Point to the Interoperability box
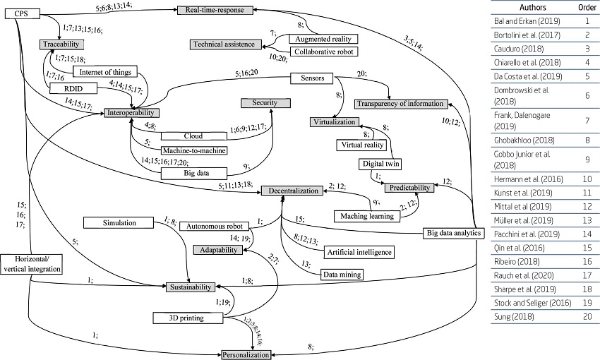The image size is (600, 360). pos(132,113)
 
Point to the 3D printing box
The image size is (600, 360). pos(187,318)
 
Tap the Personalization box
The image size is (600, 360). pos(246,354)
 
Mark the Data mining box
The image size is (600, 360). pos(342,275)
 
